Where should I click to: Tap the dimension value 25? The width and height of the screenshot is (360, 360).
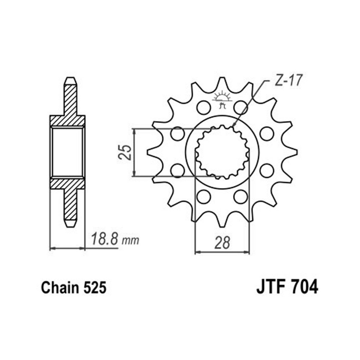click(x=125, y=152)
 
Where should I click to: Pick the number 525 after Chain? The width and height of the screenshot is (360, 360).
click(x=95, y=287)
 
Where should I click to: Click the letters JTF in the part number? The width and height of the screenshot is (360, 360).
click(x=269, y=287)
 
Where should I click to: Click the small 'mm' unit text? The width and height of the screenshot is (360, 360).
click(x=130, y=240)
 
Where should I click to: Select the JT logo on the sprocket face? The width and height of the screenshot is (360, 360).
click(x=221, y=99)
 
